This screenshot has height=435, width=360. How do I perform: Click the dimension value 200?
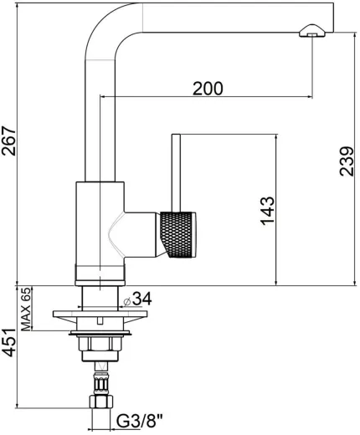point(207,88)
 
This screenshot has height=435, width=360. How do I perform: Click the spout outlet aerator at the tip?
point(310,32)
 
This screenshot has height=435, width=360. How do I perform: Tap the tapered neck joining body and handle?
point(139,233)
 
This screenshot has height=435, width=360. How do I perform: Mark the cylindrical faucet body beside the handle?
point(99,230)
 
